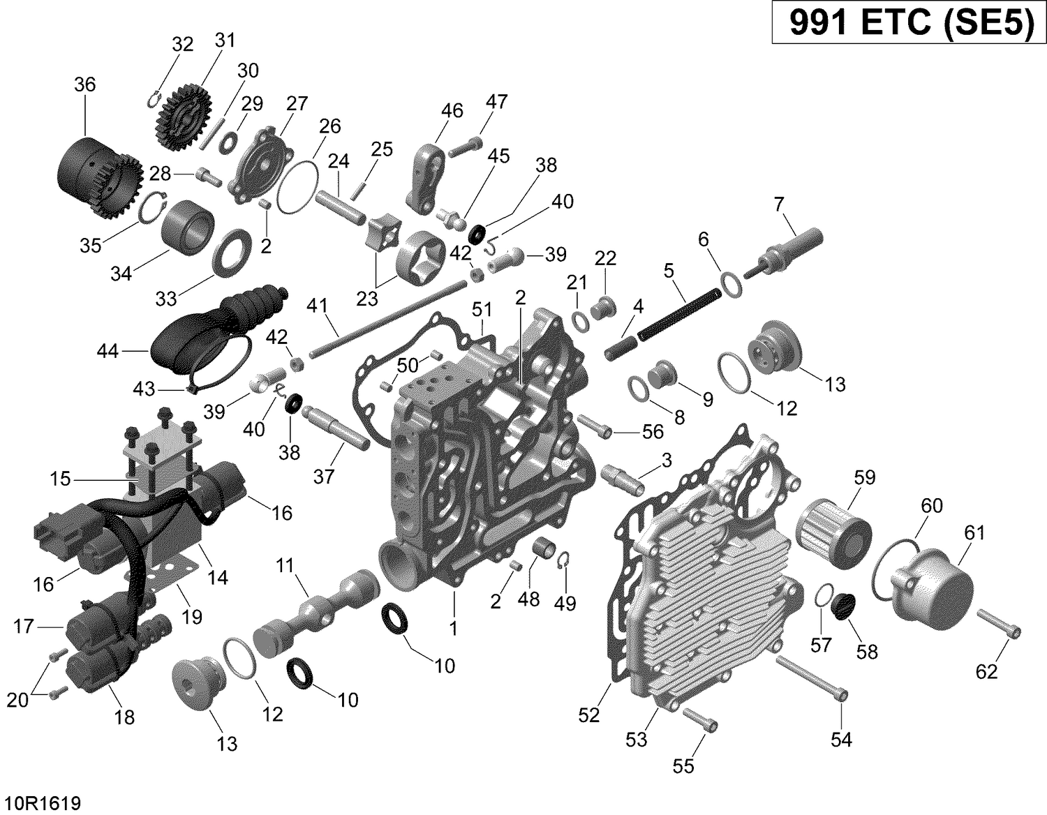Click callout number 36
point(84,84)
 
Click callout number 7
point(778,204)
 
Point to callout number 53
point(636,739)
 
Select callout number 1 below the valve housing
point(453,628)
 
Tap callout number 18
point(124,717)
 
